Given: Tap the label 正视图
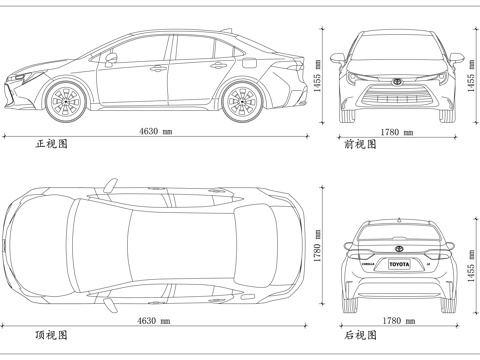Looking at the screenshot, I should pyautogui.click(x=51, y=144).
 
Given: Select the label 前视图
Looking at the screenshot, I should pyautogui.click(x=360, y=144).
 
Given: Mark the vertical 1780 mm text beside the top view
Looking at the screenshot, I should pyautogui.click(x=317, y=246).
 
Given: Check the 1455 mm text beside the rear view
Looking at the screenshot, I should pyautogui.click(x=470, y=265).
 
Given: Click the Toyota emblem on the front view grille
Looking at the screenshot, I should pyautogui.click(x=399, y=82).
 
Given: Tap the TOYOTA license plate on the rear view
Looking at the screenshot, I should pyautogui.click(x=398, y=265).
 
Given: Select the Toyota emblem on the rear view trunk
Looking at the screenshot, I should pyautogui.click(x=398, y=247).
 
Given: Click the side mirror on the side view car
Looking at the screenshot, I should pyautogui.click(x=110, y=58).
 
